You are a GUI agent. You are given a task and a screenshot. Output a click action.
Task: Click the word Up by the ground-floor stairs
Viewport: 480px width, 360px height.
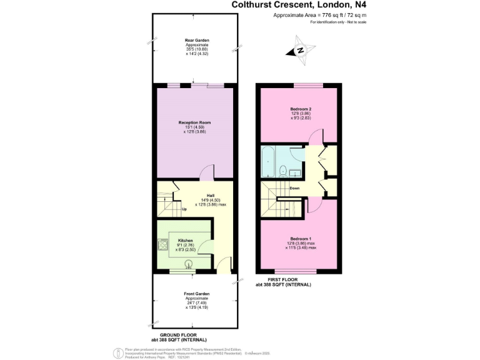point(184,209)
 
